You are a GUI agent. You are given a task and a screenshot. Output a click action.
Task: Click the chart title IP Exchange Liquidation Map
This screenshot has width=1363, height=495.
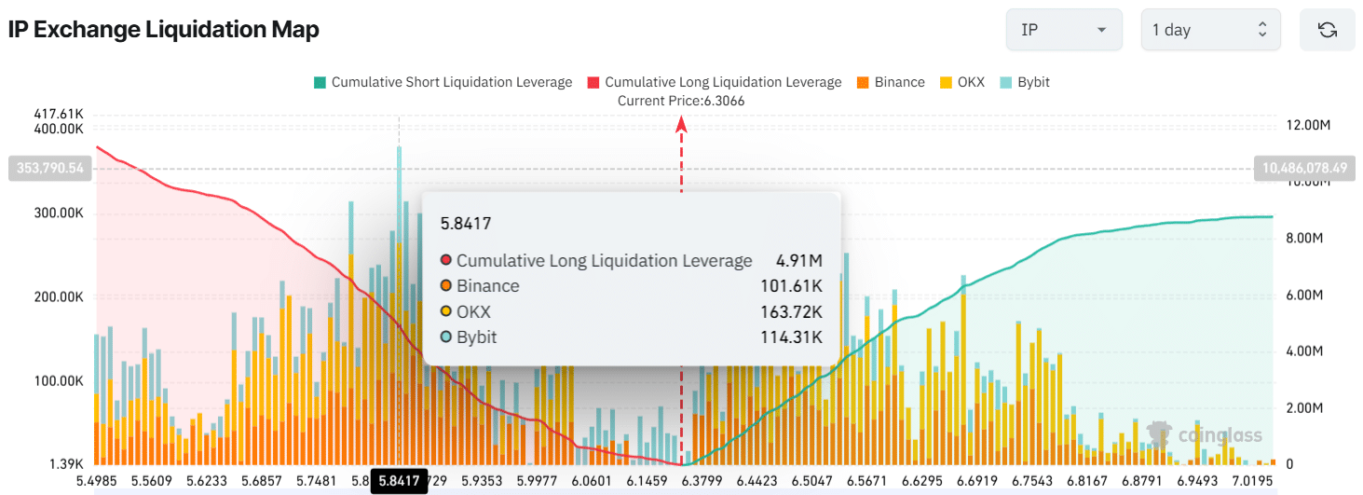pos(164,30)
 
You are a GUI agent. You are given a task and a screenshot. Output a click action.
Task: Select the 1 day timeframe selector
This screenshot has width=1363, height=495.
pos(1209,30)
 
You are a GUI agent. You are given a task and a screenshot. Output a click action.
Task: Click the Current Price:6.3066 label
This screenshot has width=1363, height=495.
pos(681,101)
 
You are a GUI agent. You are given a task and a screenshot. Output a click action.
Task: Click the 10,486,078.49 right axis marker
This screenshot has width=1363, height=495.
pos(1305,169)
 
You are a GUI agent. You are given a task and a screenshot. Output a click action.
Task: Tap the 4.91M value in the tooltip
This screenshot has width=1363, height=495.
pos(799,261)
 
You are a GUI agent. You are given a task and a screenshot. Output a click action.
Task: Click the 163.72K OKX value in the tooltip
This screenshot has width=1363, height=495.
pos(791,311)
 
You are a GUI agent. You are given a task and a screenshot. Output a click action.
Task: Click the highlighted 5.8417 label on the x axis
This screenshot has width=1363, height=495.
pos(399,482)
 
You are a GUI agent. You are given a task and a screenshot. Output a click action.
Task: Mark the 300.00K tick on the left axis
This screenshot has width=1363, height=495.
pos(58,213)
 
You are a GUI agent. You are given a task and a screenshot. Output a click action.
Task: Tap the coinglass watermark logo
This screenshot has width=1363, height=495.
pos(1206,434)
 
